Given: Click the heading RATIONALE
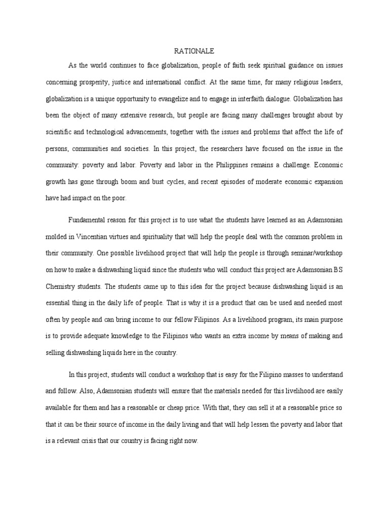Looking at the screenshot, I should coord(194,51).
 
